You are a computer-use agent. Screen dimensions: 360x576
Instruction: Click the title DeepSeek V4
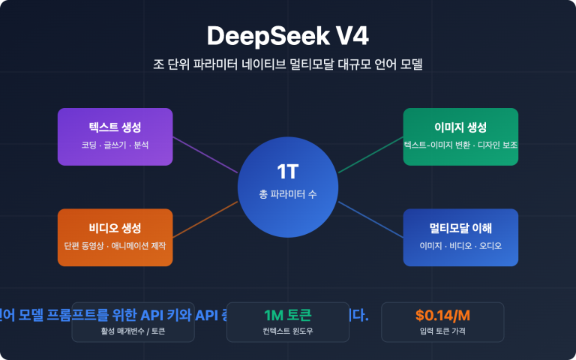pos(287,36)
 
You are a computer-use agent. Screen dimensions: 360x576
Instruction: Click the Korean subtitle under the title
pos(287,64)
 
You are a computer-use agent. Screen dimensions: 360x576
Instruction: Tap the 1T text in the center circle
pos(287,172)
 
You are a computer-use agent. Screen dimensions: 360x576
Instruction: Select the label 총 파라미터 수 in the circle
pos(287,194)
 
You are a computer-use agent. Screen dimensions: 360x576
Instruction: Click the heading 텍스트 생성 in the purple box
pos(115,127)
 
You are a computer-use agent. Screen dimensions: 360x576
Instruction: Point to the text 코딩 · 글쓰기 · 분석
pos(115,145)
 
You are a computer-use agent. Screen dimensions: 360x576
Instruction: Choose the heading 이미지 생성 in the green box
pos(460,127)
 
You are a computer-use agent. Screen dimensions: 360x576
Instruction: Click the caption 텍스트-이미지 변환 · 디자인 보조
pos(460,145)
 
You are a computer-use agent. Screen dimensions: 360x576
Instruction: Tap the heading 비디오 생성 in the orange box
pos(115,228)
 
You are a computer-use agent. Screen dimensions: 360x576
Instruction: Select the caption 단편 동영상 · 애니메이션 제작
pos(115,246)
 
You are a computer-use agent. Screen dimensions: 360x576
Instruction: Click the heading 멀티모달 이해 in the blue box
pos(460,228)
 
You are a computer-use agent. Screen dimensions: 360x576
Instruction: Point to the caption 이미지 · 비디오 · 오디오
pos(460,246)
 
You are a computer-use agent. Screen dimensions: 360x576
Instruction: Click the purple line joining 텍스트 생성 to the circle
pos(205,154)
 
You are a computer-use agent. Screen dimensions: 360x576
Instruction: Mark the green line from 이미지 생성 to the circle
pos(370,154)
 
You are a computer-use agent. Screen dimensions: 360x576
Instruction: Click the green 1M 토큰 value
pos(287,315)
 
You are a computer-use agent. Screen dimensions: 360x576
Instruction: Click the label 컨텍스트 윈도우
pos(287,331)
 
